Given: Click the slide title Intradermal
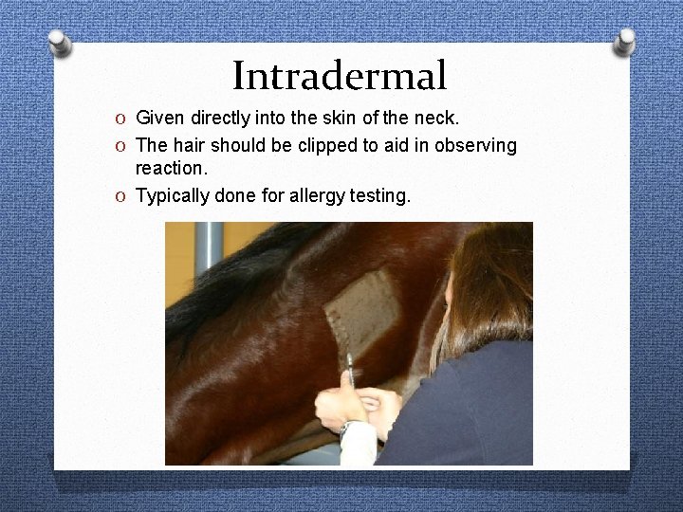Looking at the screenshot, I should point(339,76).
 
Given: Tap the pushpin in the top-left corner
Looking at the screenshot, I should point(59,43).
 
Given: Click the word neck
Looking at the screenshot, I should point(436,119).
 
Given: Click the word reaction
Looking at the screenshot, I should point(171,170).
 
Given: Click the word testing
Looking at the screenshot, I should point(379,196).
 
